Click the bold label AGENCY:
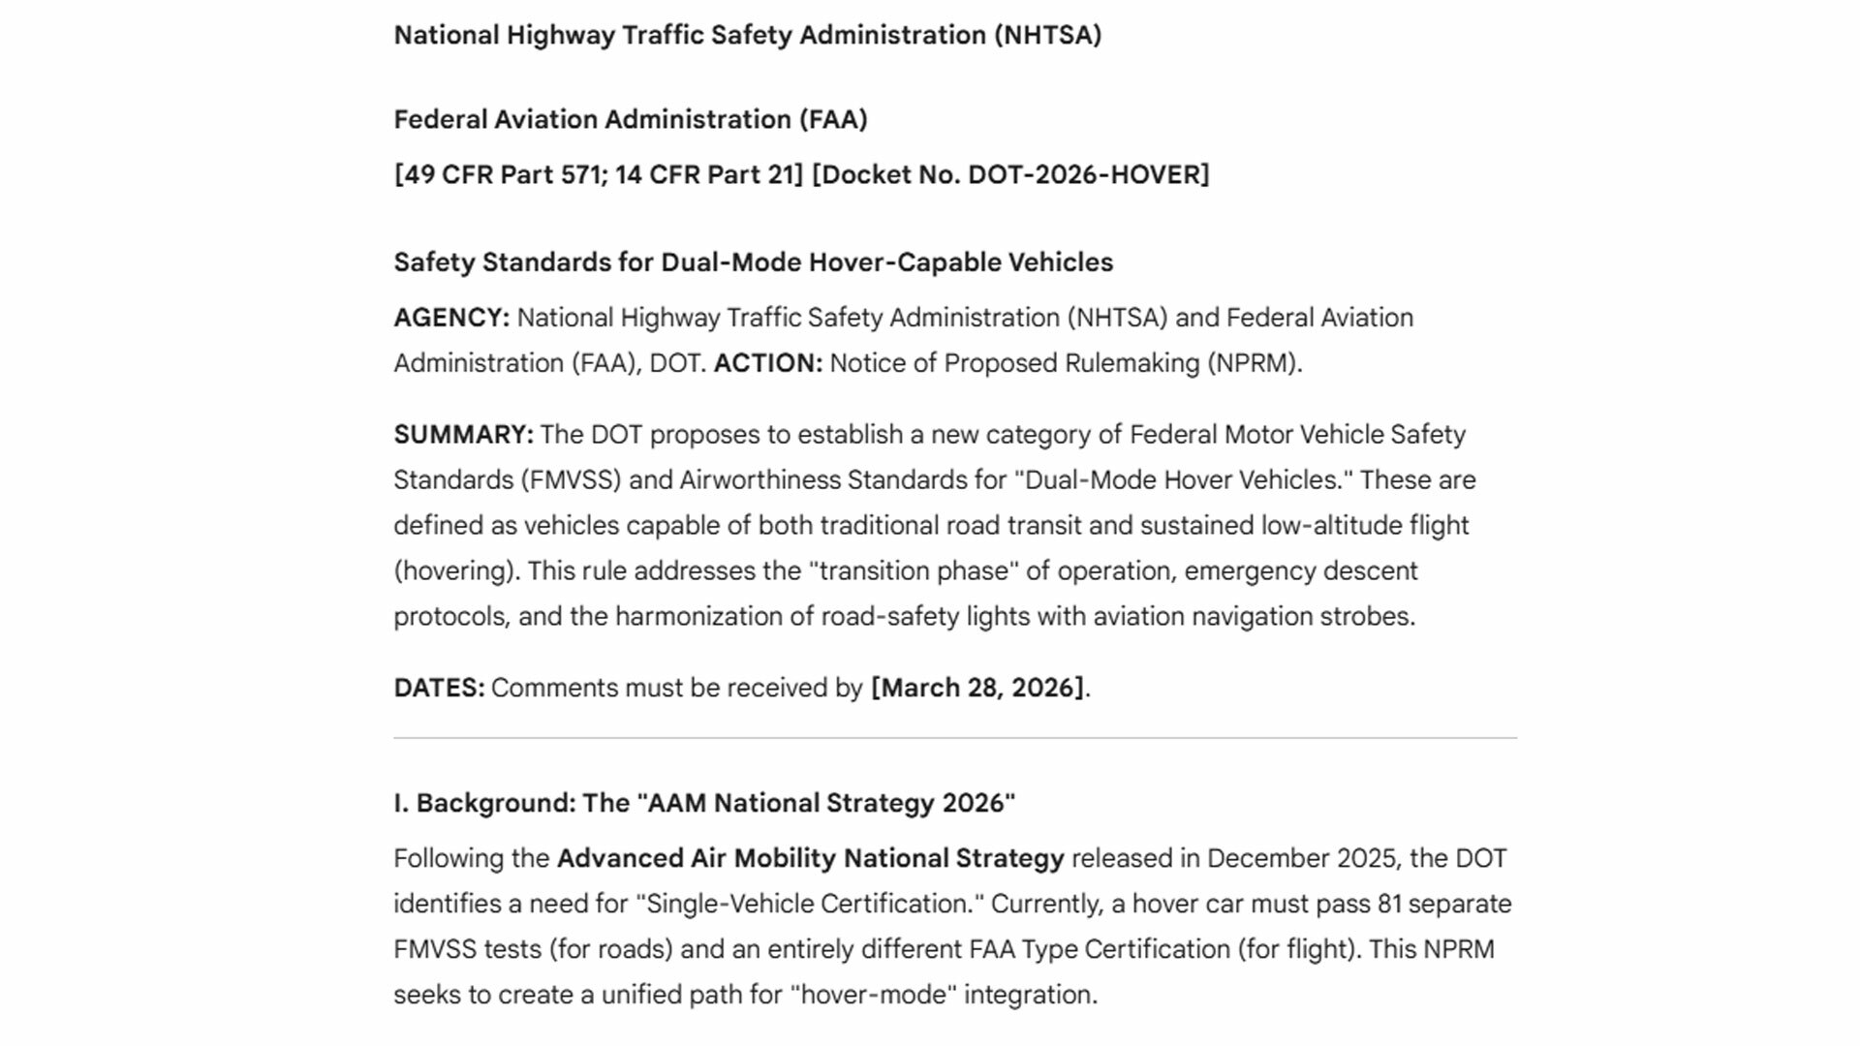450,318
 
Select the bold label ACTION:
767,363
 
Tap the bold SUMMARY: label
463,435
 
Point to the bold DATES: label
438,688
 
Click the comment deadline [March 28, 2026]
977,688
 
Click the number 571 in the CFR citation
580,175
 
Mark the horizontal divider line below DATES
954,738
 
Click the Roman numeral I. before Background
400,804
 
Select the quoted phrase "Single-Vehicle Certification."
809,904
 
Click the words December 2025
1301,859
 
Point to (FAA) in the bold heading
832,120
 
